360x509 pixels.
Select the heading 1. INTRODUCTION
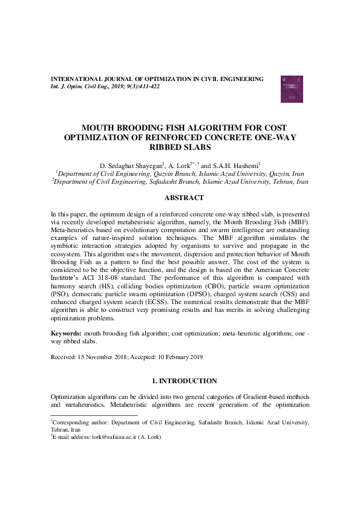[x=185, y=381]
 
